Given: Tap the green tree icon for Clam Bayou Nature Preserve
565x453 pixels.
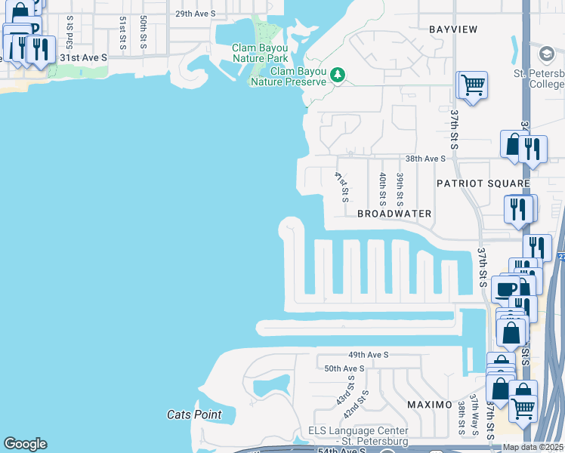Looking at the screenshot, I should pos(337,75).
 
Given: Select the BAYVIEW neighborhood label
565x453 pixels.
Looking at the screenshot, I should pos(453,29).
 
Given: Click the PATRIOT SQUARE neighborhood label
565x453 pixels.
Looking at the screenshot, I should pos(482,183).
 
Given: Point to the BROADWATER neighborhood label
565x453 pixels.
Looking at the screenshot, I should pos(394,214).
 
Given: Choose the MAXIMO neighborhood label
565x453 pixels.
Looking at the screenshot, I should pos(428,405).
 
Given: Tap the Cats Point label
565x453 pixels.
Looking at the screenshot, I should pos(194,414).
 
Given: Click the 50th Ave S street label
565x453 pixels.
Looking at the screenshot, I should pos(344,368).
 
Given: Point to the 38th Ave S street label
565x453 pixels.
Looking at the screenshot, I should pos(425,159).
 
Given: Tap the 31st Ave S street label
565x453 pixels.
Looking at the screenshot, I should pos(84,57).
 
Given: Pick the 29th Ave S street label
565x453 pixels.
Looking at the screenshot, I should pos(195,14).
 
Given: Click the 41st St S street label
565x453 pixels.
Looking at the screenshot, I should pos(341,186).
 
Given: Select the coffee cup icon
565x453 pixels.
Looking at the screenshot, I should pos(505,288).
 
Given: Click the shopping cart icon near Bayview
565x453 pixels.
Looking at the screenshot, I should pos(473,84).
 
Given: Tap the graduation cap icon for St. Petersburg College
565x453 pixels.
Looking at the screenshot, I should pos(546,54).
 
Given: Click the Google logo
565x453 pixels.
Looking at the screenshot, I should pos(25,444).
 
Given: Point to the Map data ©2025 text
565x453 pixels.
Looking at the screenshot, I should pos(533,447).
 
